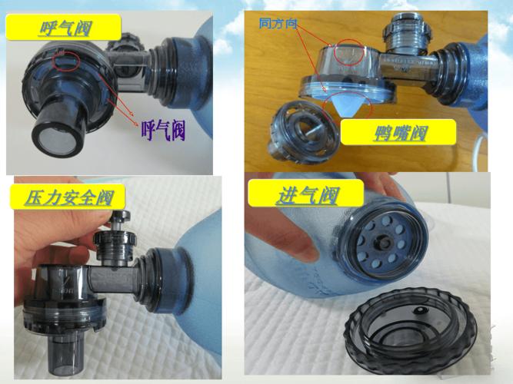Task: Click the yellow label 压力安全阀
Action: point(64,197)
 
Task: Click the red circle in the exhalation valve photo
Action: point(65,60)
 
